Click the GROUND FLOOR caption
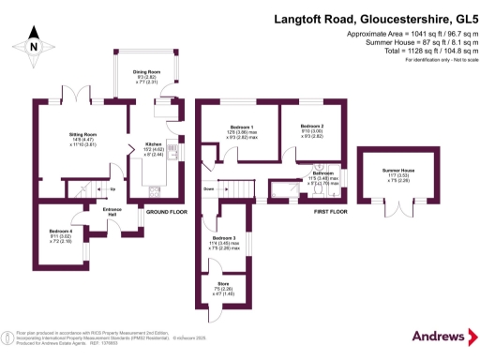pyautogui.click(x=166, y=212)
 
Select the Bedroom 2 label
pyautogui.click(x=312, y=127)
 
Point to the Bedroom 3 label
pyautogui.click(x=223, y=241)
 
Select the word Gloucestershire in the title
pyautogui.click(x=390, y=17)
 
